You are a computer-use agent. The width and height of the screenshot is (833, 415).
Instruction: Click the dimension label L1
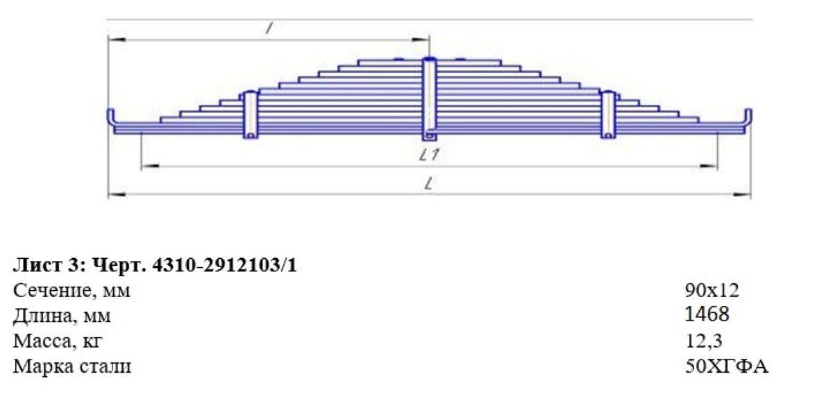coord(429,155)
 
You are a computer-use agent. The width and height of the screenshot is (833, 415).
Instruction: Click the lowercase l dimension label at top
coord(269,28)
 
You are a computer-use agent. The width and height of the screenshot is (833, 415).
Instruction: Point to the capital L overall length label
coord(429,183)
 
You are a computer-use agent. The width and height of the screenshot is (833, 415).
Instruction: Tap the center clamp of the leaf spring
coord(429,99)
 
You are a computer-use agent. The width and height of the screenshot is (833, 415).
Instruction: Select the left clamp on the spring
coord(251,115)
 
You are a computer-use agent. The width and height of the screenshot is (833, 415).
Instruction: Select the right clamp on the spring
coord(608,115)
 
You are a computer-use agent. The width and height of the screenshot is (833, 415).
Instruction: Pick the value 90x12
coord(712,290)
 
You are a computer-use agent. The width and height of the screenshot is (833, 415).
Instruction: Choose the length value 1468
coord(707,314)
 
